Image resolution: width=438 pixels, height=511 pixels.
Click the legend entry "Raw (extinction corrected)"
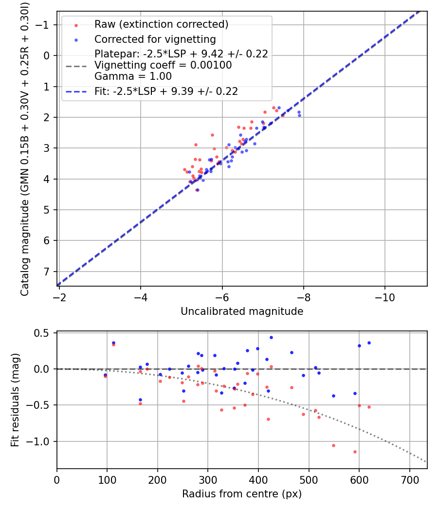pyautogui.click(x=161, y=24)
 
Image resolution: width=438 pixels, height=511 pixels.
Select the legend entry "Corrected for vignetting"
pyautogui.click(x=155, y=39)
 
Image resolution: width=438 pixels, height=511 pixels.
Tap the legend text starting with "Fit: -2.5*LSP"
pyautogui.click(x=166, y=91)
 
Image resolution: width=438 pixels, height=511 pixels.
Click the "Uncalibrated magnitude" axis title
pyautogui.click(x=242, y=311)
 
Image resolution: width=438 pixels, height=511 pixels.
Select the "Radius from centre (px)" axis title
pyautogui.click(x=242, y=494)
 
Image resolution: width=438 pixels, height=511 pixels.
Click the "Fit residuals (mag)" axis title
pyautogui.click(x=15, y=400)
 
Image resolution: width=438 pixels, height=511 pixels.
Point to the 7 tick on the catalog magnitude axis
pyautogui.click(x=47, y=272)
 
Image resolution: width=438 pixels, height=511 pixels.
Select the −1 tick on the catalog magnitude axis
pyautogui.click(x=44, y=25)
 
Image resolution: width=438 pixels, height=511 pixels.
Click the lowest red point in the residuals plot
pyautogui.click(x=355, y=452)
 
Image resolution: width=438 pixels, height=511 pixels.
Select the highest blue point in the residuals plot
pyautogui.click(x=271, y=337)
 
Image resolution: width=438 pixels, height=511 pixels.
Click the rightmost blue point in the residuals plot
pyautogui.click(x=369, y=343)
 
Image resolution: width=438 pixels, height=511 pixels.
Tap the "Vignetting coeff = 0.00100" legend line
pyautogui.click(x=163, y=65)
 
